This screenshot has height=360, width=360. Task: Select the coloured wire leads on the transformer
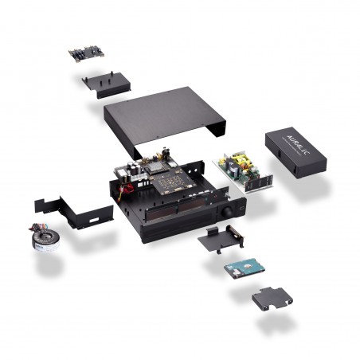(25, 228)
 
